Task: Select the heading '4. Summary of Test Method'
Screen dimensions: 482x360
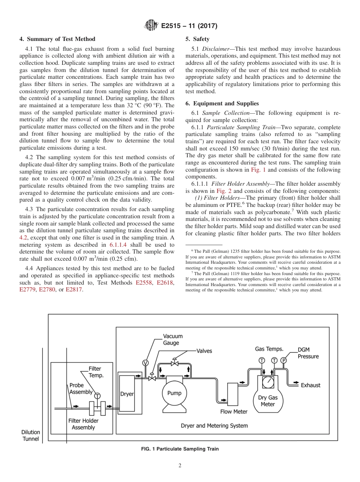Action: [x=57, y=39]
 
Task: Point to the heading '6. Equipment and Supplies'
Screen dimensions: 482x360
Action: [x=222, y=103]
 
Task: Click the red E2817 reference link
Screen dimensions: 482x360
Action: [x=74, y=290]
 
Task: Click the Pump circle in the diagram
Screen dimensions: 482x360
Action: [x=174, y=393]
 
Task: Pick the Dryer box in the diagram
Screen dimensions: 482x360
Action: [x=127, y=394]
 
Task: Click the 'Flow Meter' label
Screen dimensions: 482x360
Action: [x=234, y=412]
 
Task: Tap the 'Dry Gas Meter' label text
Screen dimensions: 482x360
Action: [x=268, y=401]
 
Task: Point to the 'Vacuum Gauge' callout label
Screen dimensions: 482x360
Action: [x=172, y=340]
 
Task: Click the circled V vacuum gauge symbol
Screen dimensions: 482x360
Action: [x=145, y=363]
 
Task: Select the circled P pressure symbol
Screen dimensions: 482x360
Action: [x=283, y=360]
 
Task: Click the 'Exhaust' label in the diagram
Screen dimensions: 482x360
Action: [x=310, y=385]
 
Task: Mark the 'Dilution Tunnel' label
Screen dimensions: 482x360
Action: [x=31, y=435]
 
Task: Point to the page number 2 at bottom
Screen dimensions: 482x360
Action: [x=180, y=466]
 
